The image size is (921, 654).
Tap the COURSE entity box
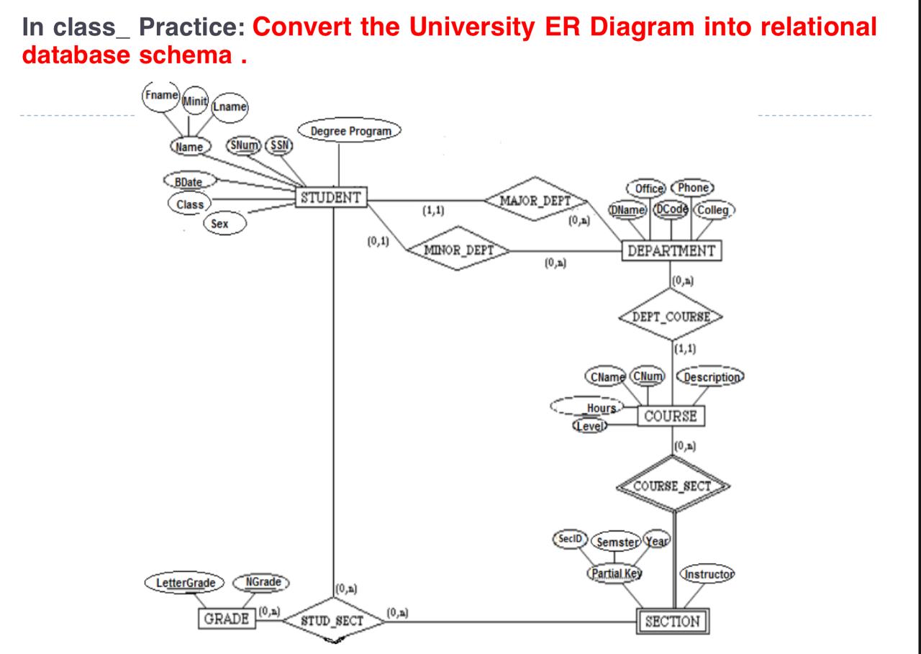click(x=671, y=416)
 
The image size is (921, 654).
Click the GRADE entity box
click(x=226, y=619)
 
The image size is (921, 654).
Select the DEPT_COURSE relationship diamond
click(x=671, y=317)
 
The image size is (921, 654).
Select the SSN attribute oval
click(x=278, y=145)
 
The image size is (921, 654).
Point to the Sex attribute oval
click(x=224, y=224)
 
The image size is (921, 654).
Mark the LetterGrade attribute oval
click(x=185, y=582)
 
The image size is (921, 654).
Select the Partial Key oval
click(x=615, y=573)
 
